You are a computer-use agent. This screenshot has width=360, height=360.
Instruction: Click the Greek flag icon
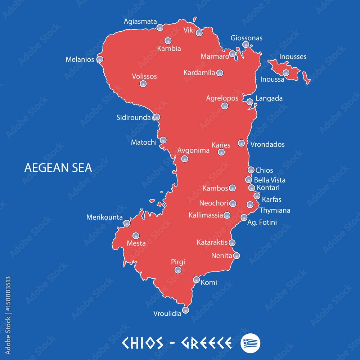(250, 343)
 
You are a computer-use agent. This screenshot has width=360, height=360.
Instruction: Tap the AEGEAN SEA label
(58, 168)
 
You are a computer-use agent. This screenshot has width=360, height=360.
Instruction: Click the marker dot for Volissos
(143, 84)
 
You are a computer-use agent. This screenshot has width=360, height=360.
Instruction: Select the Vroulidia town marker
(185, 310)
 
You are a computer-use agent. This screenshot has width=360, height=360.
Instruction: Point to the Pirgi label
(178, 262)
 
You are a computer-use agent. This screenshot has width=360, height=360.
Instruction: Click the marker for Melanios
(100, 59)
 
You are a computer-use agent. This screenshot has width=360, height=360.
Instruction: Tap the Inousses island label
(293, 57)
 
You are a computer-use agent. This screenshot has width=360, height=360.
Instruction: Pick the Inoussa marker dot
(286, 73)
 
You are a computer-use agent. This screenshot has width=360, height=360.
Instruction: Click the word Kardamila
(199, 73)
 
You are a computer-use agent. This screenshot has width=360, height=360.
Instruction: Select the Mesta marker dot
(136, 236)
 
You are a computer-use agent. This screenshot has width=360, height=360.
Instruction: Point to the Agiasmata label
(140, 22)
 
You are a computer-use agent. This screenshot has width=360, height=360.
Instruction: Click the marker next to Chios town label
(251, 170)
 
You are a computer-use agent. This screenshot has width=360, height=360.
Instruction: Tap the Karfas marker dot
(257, 196)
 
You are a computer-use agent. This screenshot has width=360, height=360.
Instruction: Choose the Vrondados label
(267, 144)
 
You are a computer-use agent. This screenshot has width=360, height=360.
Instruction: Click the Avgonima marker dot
(185, 158)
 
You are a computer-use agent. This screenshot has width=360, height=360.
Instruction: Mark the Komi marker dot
(196, 280)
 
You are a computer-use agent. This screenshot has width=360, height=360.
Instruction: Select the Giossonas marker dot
(246, 45)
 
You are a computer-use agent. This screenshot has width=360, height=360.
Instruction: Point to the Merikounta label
(104, 217)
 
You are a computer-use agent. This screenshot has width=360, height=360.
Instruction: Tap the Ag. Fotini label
(262, 222)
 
